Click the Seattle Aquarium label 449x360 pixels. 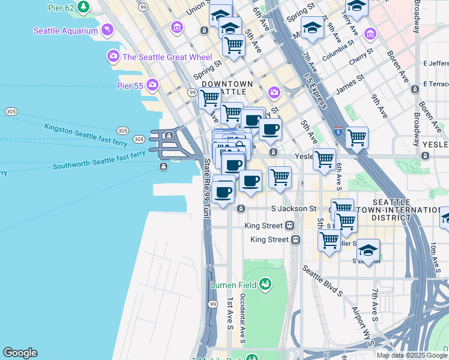[x=65, y=31]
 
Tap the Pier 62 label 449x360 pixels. [x=62, y=8]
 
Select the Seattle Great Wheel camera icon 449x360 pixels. [x=113, y=57]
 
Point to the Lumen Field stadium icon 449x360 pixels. [x=265, y=284]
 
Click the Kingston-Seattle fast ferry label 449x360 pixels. [x=78, y=129]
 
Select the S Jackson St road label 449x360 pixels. [x=294, y=209]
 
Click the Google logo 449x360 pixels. [x=20, y=353]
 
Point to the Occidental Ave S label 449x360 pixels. [x=243, y=318]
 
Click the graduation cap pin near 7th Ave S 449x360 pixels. [x=368, y=250]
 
